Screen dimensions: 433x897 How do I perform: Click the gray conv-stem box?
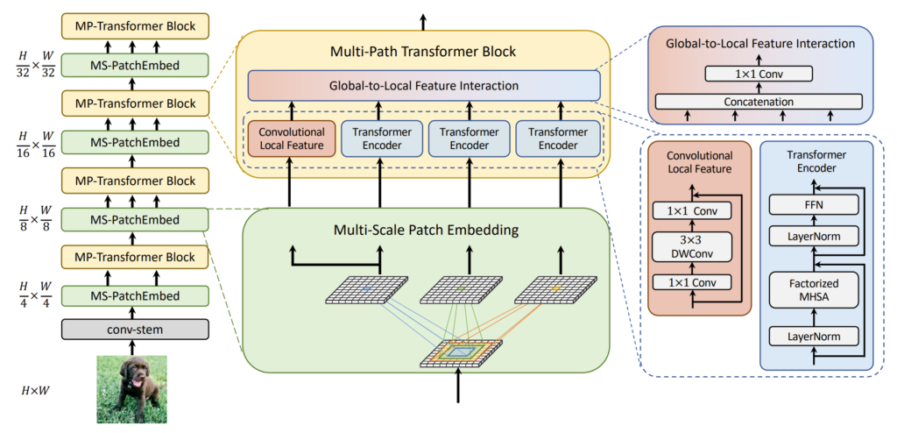coord(135,330)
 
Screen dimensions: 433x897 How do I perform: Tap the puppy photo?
coord(132,388)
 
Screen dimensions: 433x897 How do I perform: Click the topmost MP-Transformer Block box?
coord(135,26)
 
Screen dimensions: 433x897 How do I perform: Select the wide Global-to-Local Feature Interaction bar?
coord(424,86)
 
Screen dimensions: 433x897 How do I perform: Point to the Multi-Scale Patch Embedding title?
coord(424,230)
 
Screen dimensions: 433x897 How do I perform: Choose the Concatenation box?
coord(759,102)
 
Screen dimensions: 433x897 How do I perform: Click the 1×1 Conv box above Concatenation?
coord(759,75)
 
